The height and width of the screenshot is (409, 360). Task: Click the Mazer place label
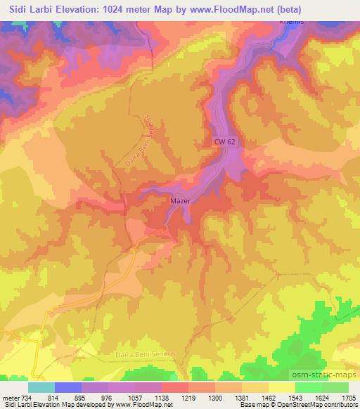[180, 200]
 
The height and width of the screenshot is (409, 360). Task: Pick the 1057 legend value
[144, 397]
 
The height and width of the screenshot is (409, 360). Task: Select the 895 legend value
[88, 397]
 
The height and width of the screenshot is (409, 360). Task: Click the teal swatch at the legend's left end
[41, 387]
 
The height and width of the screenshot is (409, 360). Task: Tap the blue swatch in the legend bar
[67, 387]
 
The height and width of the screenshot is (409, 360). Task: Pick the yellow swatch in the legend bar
[281, 387]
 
